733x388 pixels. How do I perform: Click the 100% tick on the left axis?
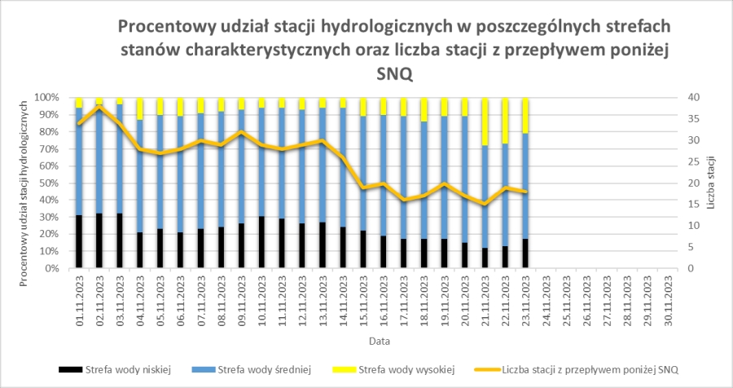[46, 97]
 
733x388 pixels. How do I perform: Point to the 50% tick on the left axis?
[48, 183]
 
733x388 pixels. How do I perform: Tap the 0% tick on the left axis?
[50, 268]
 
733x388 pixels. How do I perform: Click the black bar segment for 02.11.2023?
[99, 241]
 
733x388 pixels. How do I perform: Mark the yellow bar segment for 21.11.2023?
[485, 121]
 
